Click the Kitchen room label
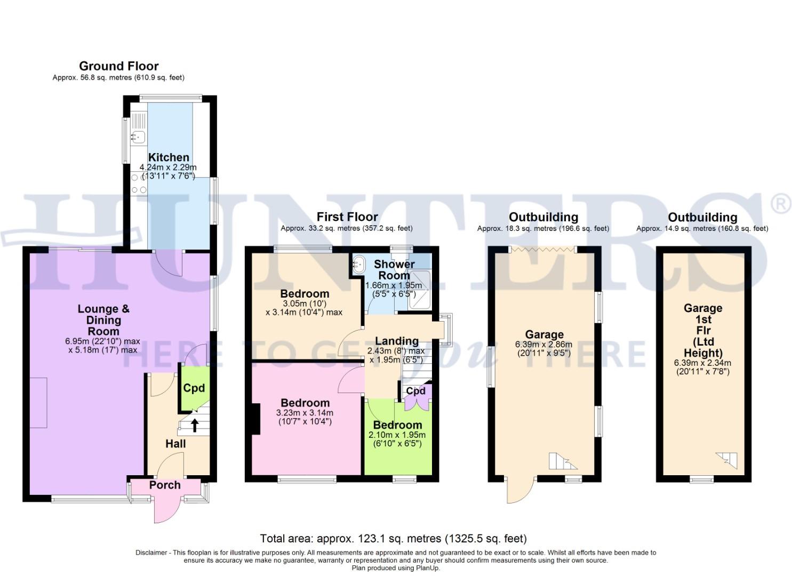(169, 157)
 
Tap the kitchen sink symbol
(138, 137)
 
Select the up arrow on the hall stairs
(195, 425)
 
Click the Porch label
(165, 485)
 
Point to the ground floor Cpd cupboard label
(194, 388)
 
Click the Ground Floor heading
(118, 66)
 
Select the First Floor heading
(347, 217)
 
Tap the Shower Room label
(394, 270)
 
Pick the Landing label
(396, 341)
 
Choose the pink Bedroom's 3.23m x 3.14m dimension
(305, 413)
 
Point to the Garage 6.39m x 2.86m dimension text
(543, 345)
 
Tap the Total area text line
(393, 539)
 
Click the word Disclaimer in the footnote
(151, 553)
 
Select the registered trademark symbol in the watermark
(780, 204)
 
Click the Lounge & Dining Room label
(103, 320)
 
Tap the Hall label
(175, 444)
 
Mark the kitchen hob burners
(139, 184)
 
